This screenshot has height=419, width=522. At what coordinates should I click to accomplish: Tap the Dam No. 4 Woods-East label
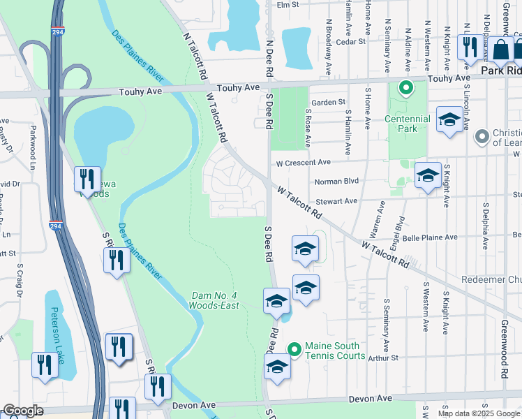215,300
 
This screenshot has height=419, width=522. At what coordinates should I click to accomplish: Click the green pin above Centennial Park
404,89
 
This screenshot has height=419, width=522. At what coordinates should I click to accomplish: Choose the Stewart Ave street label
341,201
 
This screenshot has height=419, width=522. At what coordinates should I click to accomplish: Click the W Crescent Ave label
303,163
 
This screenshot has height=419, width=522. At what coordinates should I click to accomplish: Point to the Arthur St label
383,358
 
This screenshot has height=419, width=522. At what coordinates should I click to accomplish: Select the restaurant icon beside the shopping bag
469,47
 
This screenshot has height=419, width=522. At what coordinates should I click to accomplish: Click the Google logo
23,411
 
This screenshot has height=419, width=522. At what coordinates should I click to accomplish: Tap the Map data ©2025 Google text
478,413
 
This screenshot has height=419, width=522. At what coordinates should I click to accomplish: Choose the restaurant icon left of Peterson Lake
43,364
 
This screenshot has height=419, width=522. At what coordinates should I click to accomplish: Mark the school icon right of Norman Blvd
427,175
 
